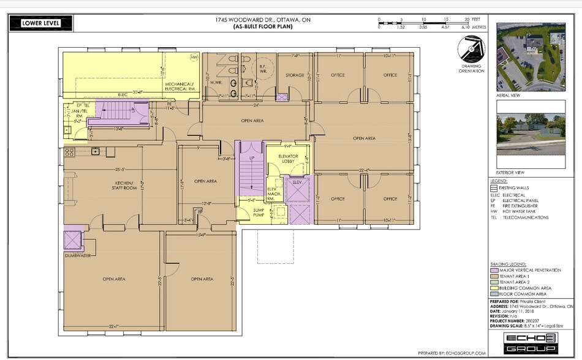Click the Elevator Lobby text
[x=288, y=159]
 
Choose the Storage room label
[x=295, y=75]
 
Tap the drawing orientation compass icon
[x=469, y=48]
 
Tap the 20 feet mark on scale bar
[x=467, y=20]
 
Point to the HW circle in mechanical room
[x=195, y=58]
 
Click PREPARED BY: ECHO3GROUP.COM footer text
[x=452, y=353]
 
